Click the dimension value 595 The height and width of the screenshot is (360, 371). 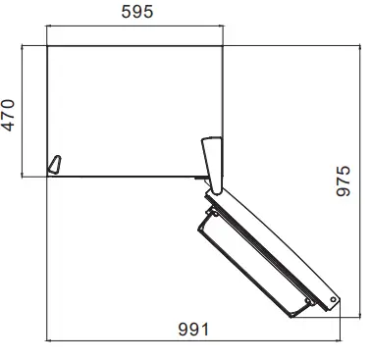pyautogui.click(x=136, y=13)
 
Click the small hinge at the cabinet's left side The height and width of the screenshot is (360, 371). pyautogui.click(x=56, y=164)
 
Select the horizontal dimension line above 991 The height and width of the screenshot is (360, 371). pyautogui.click(x=195, y=341)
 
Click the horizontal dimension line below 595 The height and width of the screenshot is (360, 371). pyautogui.click(x=136, y=28)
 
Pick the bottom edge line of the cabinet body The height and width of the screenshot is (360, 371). pyautogui.click(x=128, y=177)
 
